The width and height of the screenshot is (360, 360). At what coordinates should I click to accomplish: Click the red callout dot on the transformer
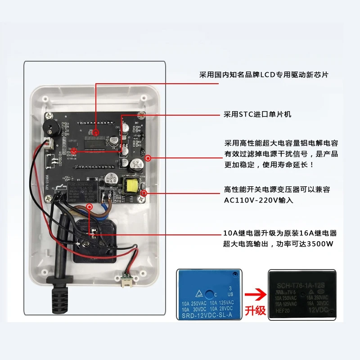(x=144, y=193)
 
